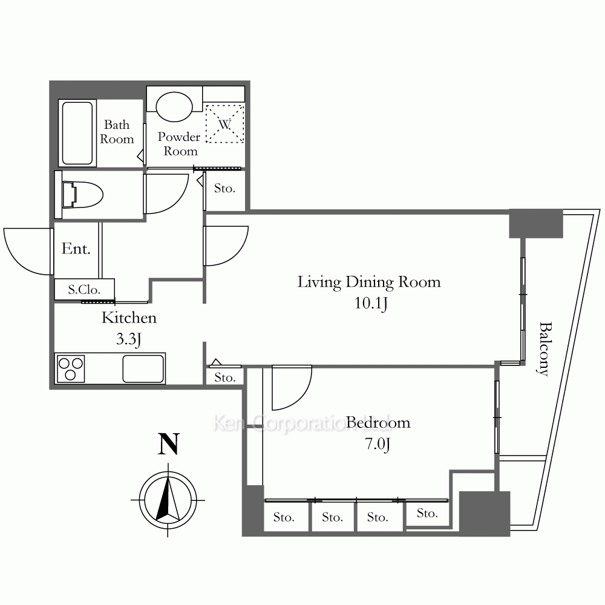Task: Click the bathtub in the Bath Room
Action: tap(77, 133)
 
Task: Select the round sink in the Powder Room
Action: tap(174, 106)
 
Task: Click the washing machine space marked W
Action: tap(224, 124)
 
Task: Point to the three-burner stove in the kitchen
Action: tap(71, 368)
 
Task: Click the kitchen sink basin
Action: tap(143, 368)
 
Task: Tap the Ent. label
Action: tap(76, 249)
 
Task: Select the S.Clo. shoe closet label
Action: tap(84, 289)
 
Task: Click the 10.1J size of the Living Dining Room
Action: tap(371, 303)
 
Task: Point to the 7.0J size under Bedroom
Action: tap(378, 444)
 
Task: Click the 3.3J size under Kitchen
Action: tap(128, 339)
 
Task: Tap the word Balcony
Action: tap(544, 348)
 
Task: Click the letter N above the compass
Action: tap(169, 444)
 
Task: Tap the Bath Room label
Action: tap(117, 131)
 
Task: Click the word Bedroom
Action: tap(378, 423)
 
